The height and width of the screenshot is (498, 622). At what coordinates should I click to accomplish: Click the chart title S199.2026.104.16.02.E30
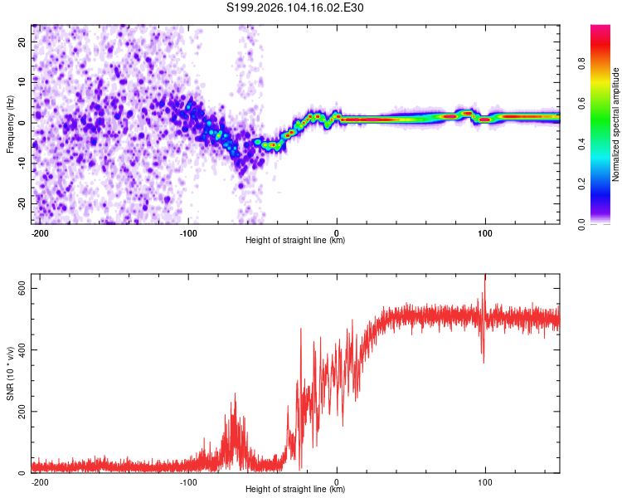click(295, 8)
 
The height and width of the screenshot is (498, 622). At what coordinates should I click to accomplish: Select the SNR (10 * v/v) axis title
click(10, 373)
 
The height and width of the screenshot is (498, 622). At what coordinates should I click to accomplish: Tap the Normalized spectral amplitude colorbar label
click(615, 124)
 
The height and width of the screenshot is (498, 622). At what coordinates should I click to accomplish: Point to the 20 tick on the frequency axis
click(22, 41)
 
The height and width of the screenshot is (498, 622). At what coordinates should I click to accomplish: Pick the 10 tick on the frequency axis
click(22, 81)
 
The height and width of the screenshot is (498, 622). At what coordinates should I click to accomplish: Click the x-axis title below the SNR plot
click(295, 490)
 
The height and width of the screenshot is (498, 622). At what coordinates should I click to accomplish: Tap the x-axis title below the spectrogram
click(295, 241)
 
